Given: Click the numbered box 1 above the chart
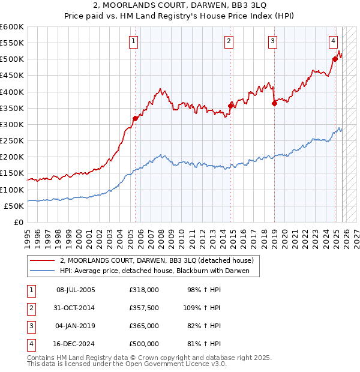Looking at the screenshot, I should pos(133,41).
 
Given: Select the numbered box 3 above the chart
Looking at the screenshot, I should pos(272,41).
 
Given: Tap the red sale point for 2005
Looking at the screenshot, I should pos(135,118).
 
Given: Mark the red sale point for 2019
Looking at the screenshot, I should pos(274,103).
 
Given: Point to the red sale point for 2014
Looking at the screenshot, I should pos(231,106).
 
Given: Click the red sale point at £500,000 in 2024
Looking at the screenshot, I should pos(335,59).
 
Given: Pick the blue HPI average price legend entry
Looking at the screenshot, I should pos(159,271).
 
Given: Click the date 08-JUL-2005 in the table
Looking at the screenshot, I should pos(75,290).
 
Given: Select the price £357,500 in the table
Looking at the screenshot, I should pos(144,308).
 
